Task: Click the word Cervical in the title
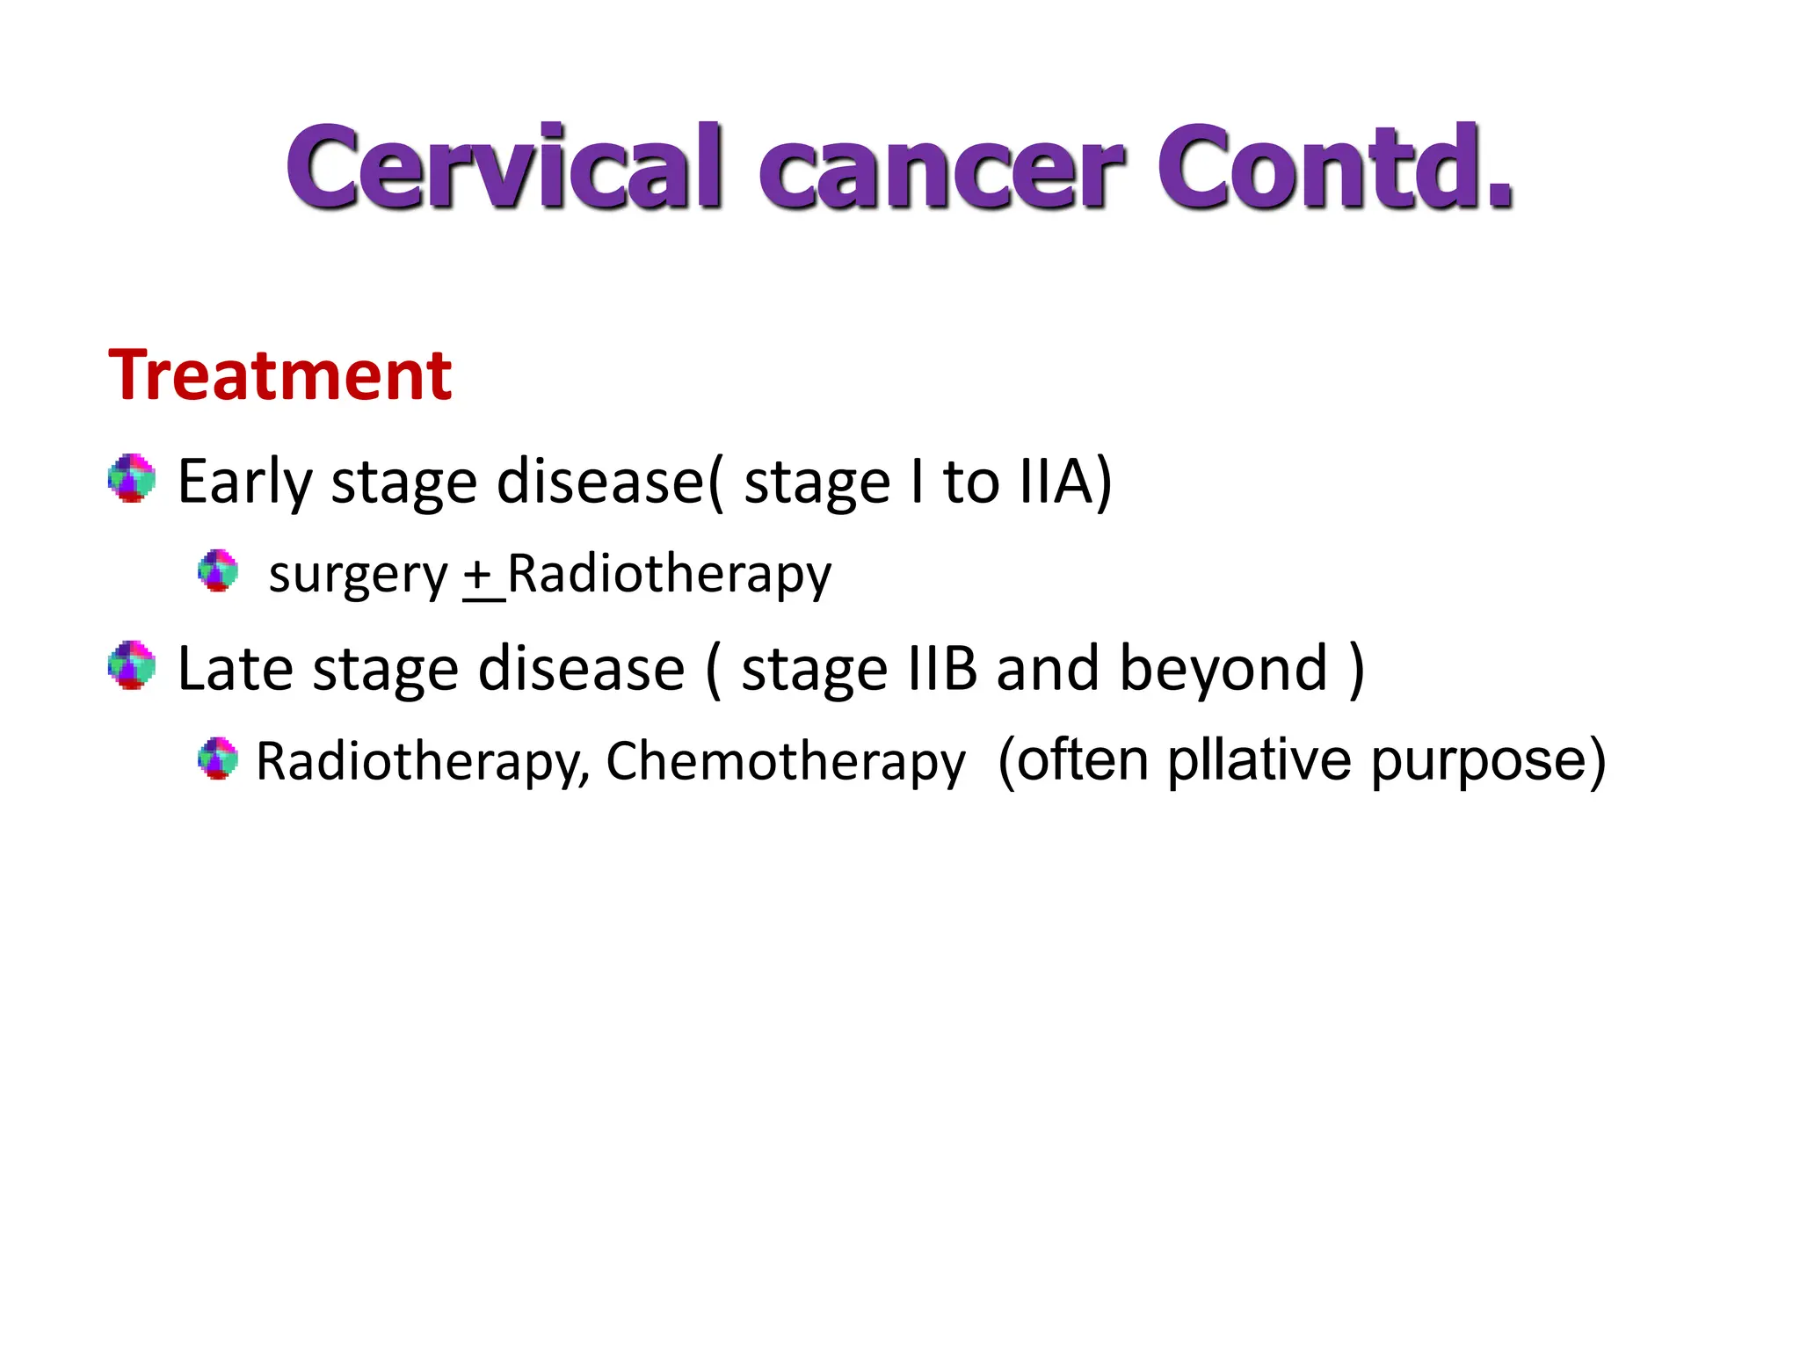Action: point(504,167)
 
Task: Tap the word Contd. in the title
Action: point(1334,167)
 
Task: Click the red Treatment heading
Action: point(279,375)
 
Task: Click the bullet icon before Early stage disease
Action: point(132,479)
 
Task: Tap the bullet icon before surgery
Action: point(218,571)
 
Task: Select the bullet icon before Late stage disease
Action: point(132,665)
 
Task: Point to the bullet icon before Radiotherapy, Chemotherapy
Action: point(218,758)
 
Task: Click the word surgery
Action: point(358,576)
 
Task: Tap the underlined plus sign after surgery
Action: point(479,576)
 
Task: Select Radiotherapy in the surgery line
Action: point(669,576)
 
